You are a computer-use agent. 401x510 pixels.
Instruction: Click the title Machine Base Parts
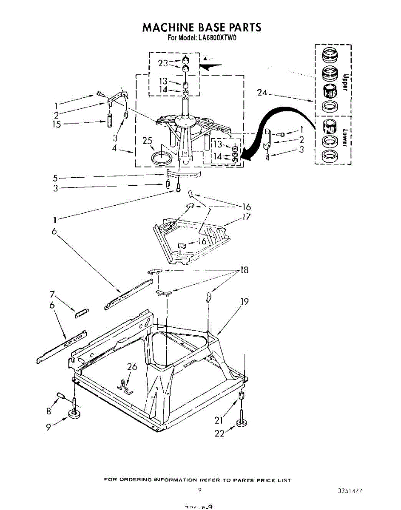coord(201,28)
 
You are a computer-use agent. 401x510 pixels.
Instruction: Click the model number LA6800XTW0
coord(217,38)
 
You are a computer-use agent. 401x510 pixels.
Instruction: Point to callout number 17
coord(246,217)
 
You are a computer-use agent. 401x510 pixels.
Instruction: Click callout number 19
coord(245,302)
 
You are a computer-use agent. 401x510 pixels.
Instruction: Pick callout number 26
coord(132,367)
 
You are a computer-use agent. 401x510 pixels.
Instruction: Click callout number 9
coord(49,427)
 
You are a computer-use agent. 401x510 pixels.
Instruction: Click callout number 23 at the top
coord(163,63)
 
